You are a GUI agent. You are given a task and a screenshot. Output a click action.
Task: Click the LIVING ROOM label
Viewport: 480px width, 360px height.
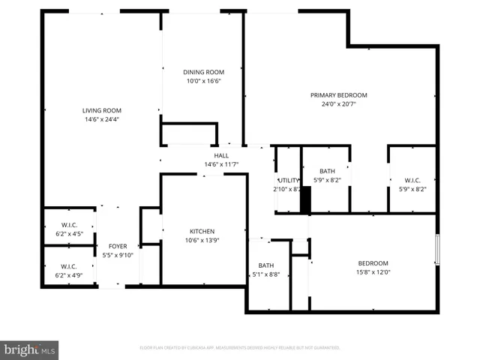click(x=102, y=111)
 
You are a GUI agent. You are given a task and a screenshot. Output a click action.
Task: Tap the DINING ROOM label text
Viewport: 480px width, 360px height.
click(x=203, y=72)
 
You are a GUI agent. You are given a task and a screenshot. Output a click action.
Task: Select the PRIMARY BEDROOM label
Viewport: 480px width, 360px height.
click(x=339, y=95)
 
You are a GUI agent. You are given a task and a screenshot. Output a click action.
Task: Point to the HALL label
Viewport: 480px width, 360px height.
click(x=221, y=155)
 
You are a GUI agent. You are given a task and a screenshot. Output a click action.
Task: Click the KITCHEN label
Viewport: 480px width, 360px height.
click(x=202, y=232)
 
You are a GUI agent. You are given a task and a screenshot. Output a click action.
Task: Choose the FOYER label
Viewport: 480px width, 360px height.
click(x=118, y=246)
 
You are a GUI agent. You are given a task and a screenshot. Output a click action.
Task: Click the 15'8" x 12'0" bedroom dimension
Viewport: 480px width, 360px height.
click(x=373, y=272)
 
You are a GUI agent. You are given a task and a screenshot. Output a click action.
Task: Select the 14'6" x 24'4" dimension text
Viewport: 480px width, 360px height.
click(x=102, y=119)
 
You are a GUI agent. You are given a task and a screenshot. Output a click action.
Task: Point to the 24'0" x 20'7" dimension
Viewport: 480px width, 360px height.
click(x=339, y=104)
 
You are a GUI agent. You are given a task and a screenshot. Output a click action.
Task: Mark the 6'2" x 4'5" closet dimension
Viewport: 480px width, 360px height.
click(x=69, y=234)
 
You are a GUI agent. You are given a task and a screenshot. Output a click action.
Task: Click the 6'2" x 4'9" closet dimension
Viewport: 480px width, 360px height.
click(x=69, y=275)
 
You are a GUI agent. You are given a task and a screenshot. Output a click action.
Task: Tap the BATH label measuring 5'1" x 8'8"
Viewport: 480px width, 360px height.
click(x=266, y=265)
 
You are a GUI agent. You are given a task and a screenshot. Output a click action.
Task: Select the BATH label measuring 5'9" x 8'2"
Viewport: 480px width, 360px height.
click(x=327, y=171)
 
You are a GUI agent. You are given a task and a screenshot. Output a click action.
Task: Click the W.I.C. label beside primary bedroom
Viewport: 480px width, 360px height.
click(x=412, y=180)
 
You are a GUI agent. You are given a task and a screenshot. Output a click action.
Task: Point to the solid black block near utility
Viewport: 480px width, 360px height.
click(x=305, y=199)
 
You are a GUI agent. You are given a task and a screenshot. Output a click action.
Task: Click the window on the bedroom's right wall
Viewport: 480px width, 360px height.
click(x=437, y=250)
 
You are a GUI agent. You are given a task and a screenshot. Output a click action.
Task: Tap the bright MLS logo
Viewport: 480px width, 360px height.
click(x=29, y=349)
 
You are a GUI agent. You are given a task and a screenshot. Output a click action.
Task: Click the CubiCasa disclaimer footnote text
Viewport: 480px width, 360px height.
click(x=240, y=348)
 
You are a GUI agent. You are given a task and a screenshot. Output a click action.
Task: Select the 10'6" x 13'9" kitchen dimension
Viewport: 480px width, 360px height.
click(x=202, y=240)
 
